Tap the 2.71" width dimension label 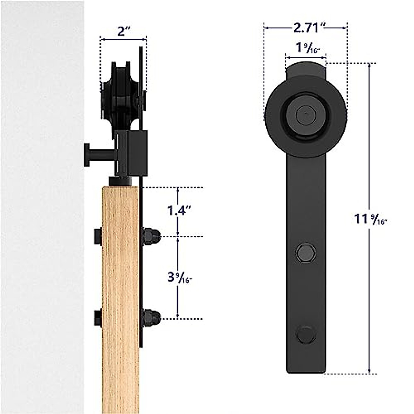point(306,27)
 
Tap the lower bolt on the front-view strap point(306,334)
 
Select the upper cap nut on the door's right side point(150,236)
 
